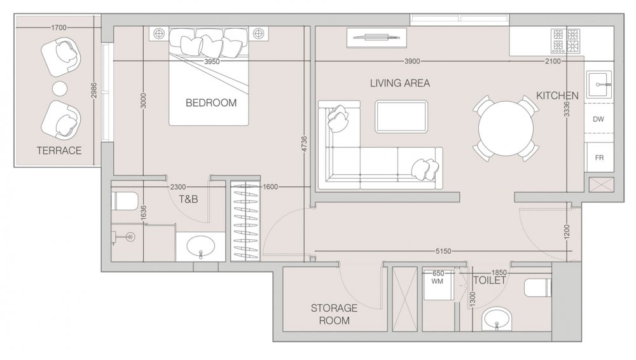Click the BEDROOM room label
tap(211, 102)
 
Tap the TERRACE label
tap(59, 151)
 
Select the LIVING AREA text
tap(399, 83)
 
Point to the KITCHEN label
tap(557, 96)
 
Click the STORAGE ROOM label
tap(335, 314)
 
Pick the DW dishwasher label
tap(598, 120)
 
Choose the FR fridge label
tap(599, 158)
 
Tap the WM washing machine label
tap(438, 281)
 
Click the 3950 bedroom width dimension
tap(212, 62)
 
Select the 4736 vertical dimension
tap(305, 144)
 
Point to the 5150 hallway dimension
tap(443, 251)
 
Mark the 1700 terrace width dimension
tap(59, 27)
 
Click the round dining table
tap(506, 128)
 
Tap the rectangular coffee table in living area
tap(401, 116)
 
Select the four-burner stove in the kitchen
tap(565, 41)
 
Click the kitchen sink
tap(599, 85)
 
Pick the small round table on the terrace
tap(60, 88)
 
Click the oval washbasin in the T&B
tap(201, 246)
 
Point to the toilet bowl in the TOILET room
tap(538, 287)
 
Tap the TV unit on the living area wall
tap(377, 38)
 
